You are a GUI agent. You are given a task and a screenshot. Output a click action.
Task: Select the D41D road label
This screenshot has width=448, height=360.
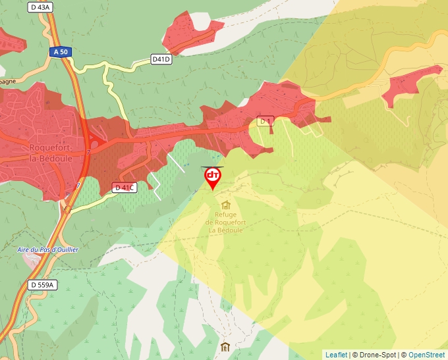click(161, 59)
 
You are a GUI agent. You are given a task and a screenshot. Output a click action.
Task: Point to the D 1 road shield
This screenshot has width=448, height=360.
click(265, 121)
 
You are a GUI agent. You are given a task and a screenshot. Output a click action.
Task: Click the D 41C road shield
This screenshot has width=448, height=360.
click(124, 188)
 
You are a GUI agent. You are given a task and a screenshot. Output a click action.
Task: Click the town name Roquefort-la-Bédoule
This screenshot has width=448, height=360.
click(45, 152)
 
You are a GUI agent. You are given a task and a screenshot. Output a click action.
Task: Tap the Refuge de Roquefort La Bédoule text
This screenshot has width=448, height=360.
click(226, 222)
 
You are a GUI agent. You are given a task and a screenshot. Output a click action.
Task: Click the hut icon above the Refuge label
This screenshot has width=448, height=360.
click(226, 205)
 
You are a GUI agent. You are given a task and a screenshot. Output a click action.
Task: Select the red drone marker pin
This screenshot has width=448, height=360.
click(212, 177)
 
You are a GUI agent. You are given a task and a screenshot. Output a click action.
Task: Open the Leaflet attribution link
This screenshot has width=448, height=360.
click(336, 355)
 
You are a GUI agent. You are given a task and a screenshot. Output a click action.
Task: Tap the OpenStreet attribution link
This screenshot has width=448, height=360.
click(426, 355)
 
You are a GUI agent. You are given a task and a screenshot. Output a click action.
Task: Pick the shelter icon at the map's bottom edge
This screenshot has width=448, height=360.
click(225, 347)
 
